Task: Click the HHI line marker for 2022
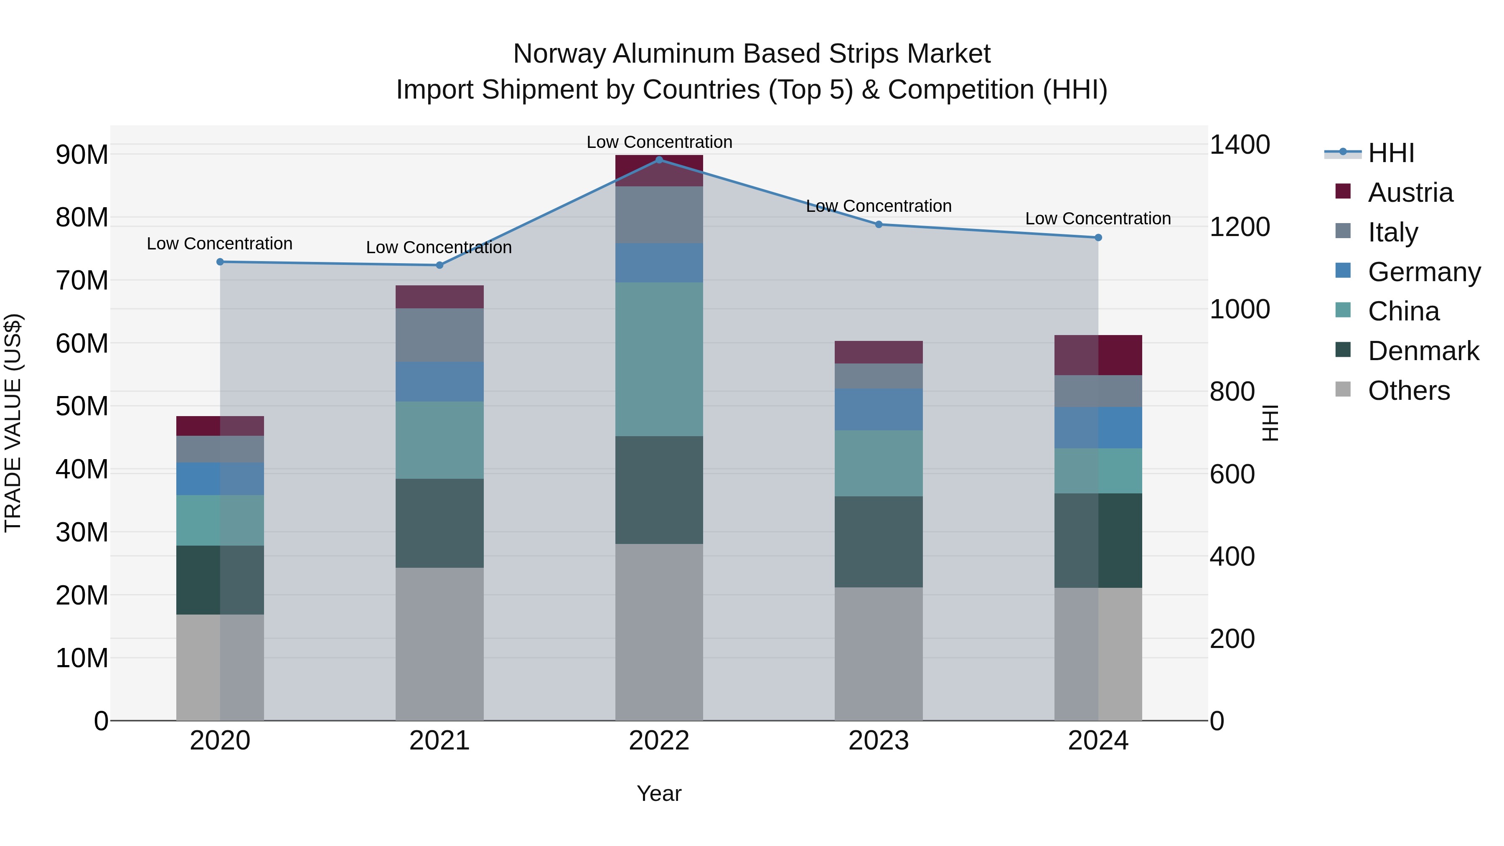[659, 160]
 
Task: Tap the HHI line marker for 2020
[220, 262]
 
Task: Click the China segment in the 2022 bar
[659, 359]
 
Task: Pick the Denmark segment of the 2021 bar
[440, 523]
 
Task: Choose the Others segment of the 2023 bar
[879, 654]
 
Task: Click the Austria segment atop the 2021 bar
[440, 297]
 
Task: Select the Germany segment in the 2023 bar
[879, 409]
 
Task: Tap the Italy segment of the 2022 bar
[659, 214]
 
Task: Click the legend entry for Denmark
[1423, 351]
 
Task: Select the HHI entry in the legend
[1391, 153]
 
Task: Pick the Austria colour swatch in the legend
[1343, 191]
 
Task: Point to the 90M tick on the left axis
[82, 155]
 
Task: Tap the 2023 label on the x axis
[879, 741]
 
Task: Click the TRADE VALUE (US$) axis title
[13, 423]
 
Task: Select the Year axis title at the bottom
[659, 793]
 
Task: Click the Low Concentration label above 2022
[659, 142]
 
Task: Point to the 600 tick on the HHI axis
[1232, 474]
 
